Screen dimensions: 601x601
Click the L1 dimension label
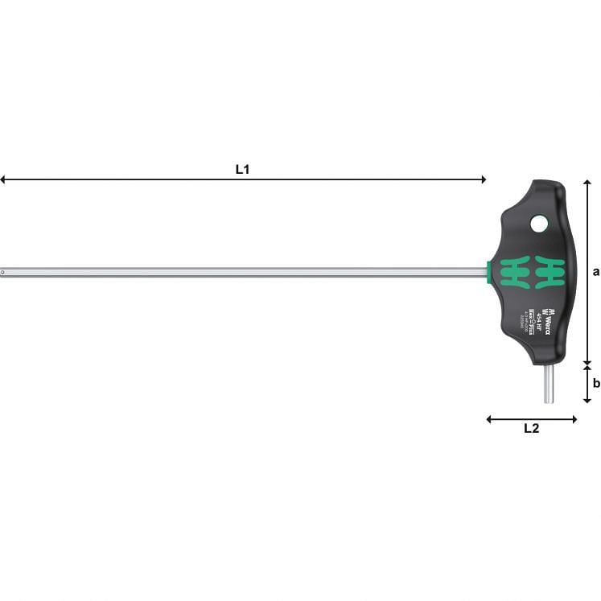tap(242, 170)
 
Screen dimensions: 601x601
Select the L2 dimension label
tap(531, 429)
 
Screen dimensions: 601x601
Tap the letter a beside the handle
tap(595, 272)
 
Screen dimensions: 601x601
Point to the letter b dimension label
tap(595, 383)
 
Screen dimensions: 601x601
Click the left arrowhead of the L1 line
tap(3, 179)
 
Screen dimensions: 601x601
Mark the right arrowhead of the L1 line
tap(484, 179)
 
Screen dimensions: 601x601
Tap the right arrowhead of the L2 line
tap(574, 418)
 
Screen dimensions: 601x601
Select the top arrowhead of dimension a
tap(587, 183)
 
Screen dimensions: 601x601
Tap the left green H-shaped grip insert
tap(514, 272)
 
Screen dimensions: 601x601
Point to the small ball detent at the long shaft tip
tap(4, 273)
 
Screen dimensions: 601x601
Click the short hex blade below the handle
tap(549, 384)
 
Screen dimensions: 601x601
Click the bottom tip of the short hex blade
tap(549, 401)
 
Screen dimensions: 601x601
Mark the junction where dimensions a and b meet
tap(587, 364)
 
